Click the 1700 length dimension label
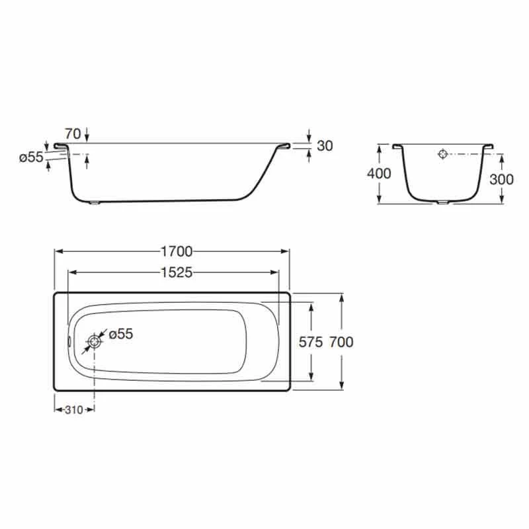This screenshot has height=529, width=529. pyautogui.click(x=177, y=251)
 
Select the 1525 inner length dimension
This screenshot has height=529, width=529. pyautogui.click(x=177, y=272)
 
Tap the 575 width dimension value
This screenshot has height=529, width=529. pyautogui.click(x=311, y=342)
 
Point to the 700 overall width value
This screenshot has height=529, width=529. pyautogui.click(x=341, y=342)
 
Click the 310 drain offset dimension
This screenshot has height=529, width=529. pyautogui.click(x=74, y=410)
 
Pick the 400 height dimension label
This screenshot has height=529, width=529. pyautogui.click(x=379, y=173)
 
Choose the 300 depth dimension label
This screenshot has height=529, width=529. pyautogui.click(x=501, y=179)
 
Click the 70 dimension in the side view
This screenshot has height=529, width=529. pyautogui.click(x=73, y=134)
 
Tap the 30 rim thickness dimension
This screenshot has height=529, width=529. pyautogui.click(x=325, y=145)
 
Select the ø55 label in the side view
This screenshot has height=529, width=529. pyautogui.click(x=31, y=157)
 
